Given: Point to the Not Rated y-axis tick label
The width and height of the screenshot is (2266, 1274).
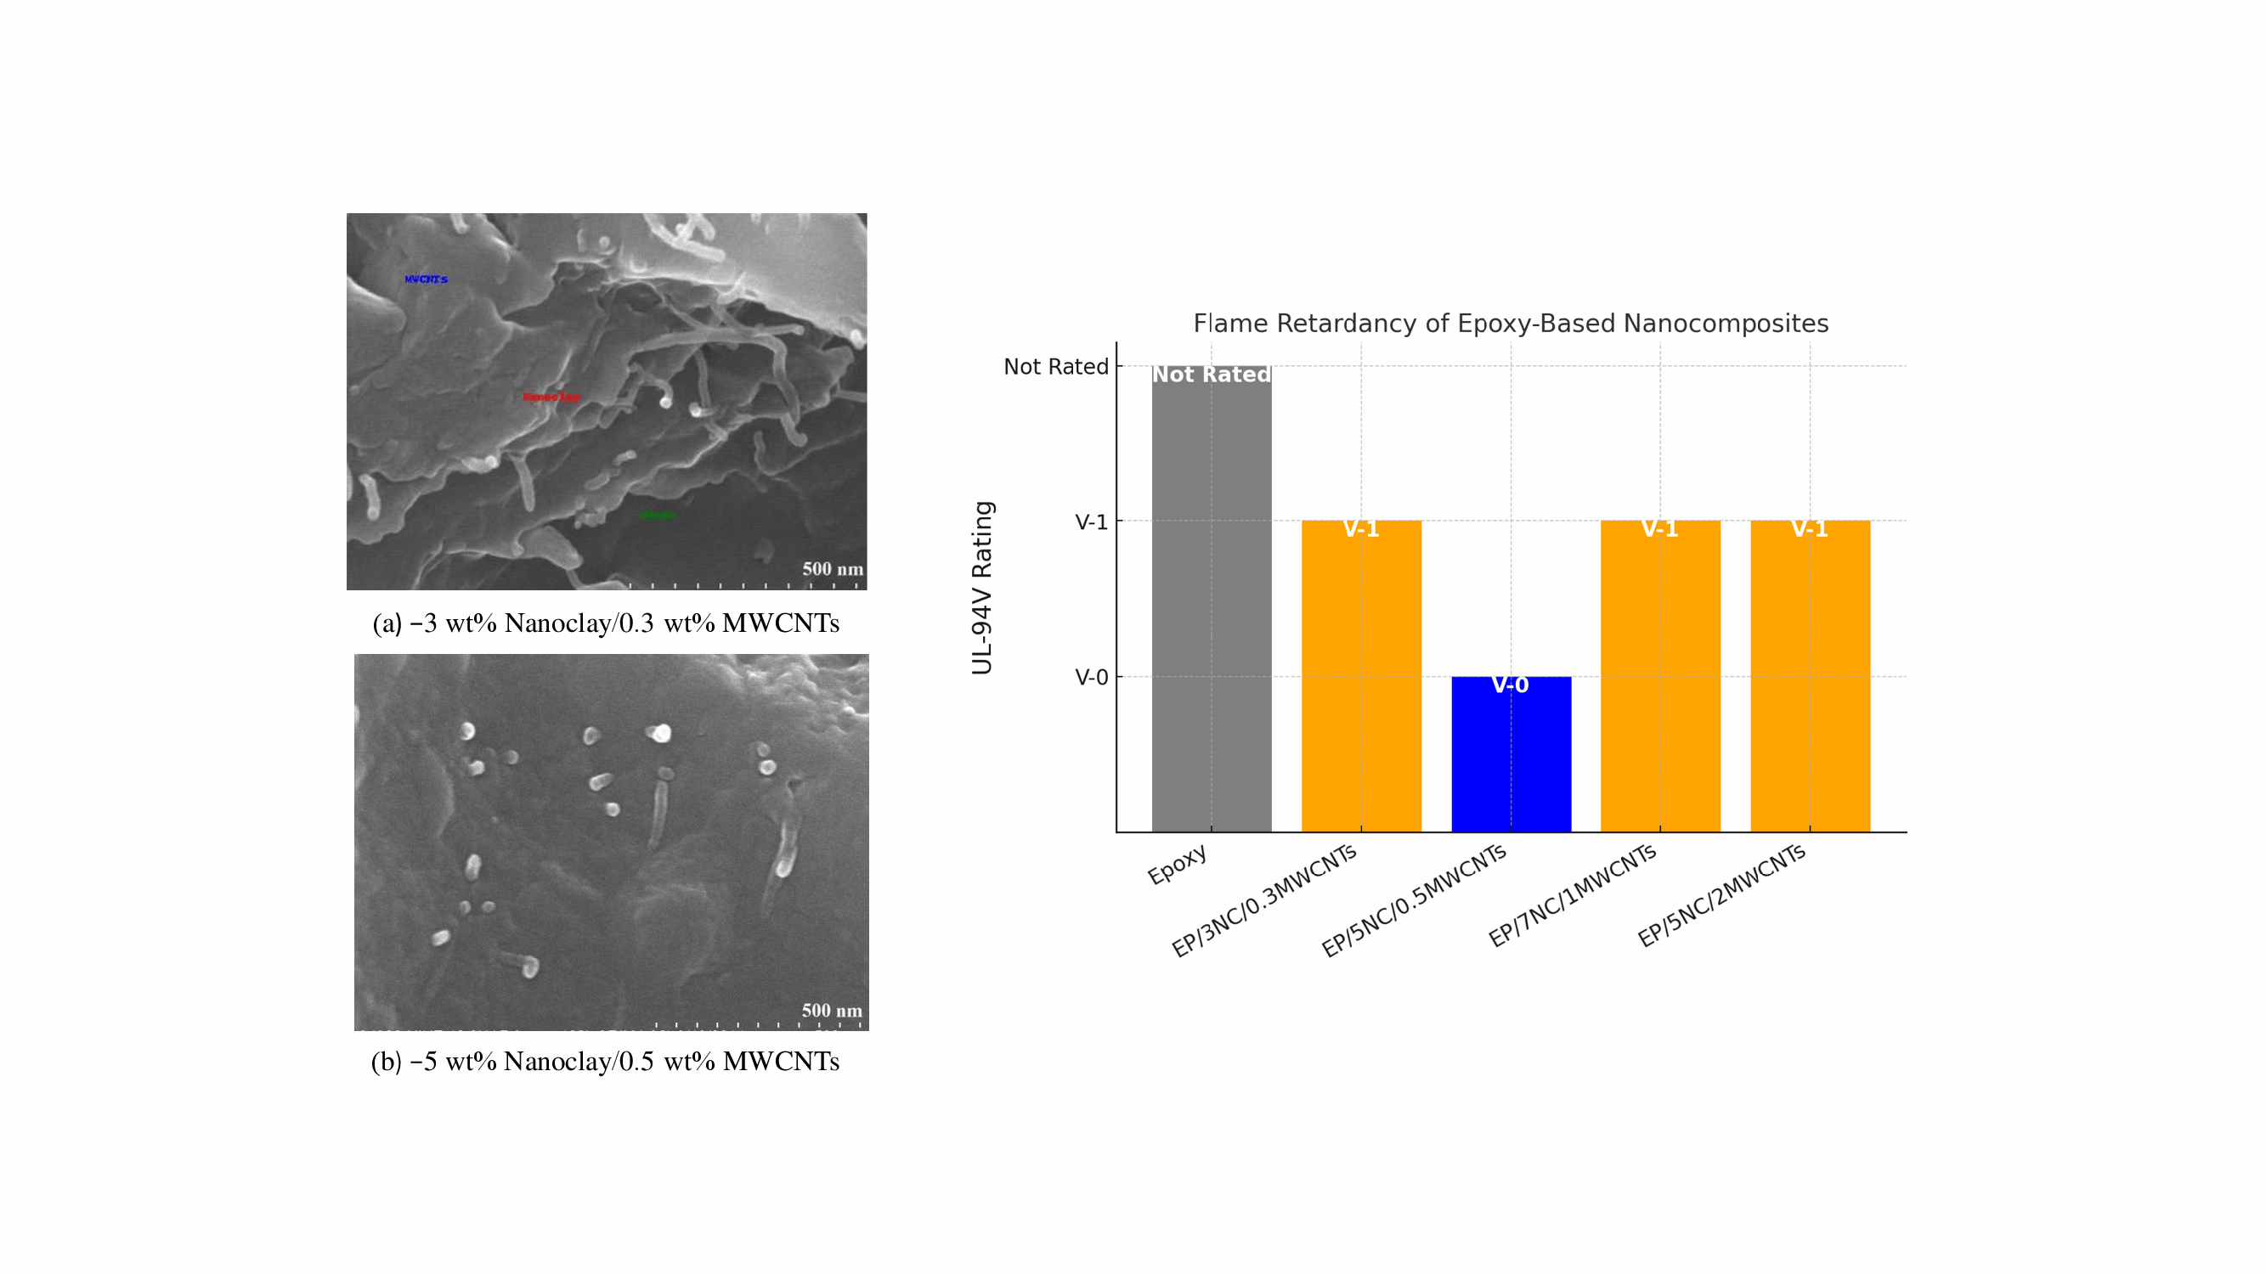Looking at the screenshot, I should (1055, 367).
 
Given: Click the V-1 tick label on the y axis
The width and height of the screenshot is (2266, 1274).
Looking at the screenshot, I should (1091, 522).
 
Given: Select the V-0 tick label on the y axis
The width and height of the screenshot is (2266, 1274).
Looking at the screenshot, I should (1091, 678).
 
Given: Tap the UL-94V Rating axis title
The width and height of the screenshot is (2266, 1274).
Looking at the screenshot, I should (981, 589).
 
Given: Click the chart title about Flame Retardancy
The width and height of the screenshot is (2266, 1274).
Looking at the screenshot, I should (1511, 324).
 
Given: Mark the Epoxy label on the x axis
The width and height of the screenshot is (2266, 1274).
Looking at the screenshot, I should (1177, 865).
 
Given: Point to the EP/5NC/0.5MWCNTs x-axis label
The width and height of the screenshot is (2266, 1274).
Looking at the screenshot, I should (1414, 900).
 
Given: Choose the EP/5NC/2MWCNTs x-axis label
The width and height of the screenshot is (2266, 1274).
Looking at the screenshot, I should (1721, 896).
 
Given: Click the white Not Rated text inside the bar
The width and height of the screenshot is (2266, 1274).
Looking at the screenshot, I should (1212, 375).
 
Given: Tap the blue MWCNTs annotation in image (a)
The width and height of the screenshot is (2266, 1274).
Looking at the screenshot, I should (426, 279).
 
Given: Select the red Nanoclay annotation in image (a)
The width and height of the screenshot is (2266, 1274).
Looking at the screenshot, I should (551, 397).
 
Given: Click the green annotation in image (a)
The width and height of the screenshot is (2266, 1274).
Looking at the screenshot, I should (658, 516).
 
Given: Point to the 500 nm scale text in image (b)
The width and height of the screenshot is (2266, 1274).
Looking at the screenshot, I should (831, 1010).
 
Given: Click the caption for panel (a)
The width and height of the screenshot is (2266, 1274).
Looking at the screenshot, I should (606, 623).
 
